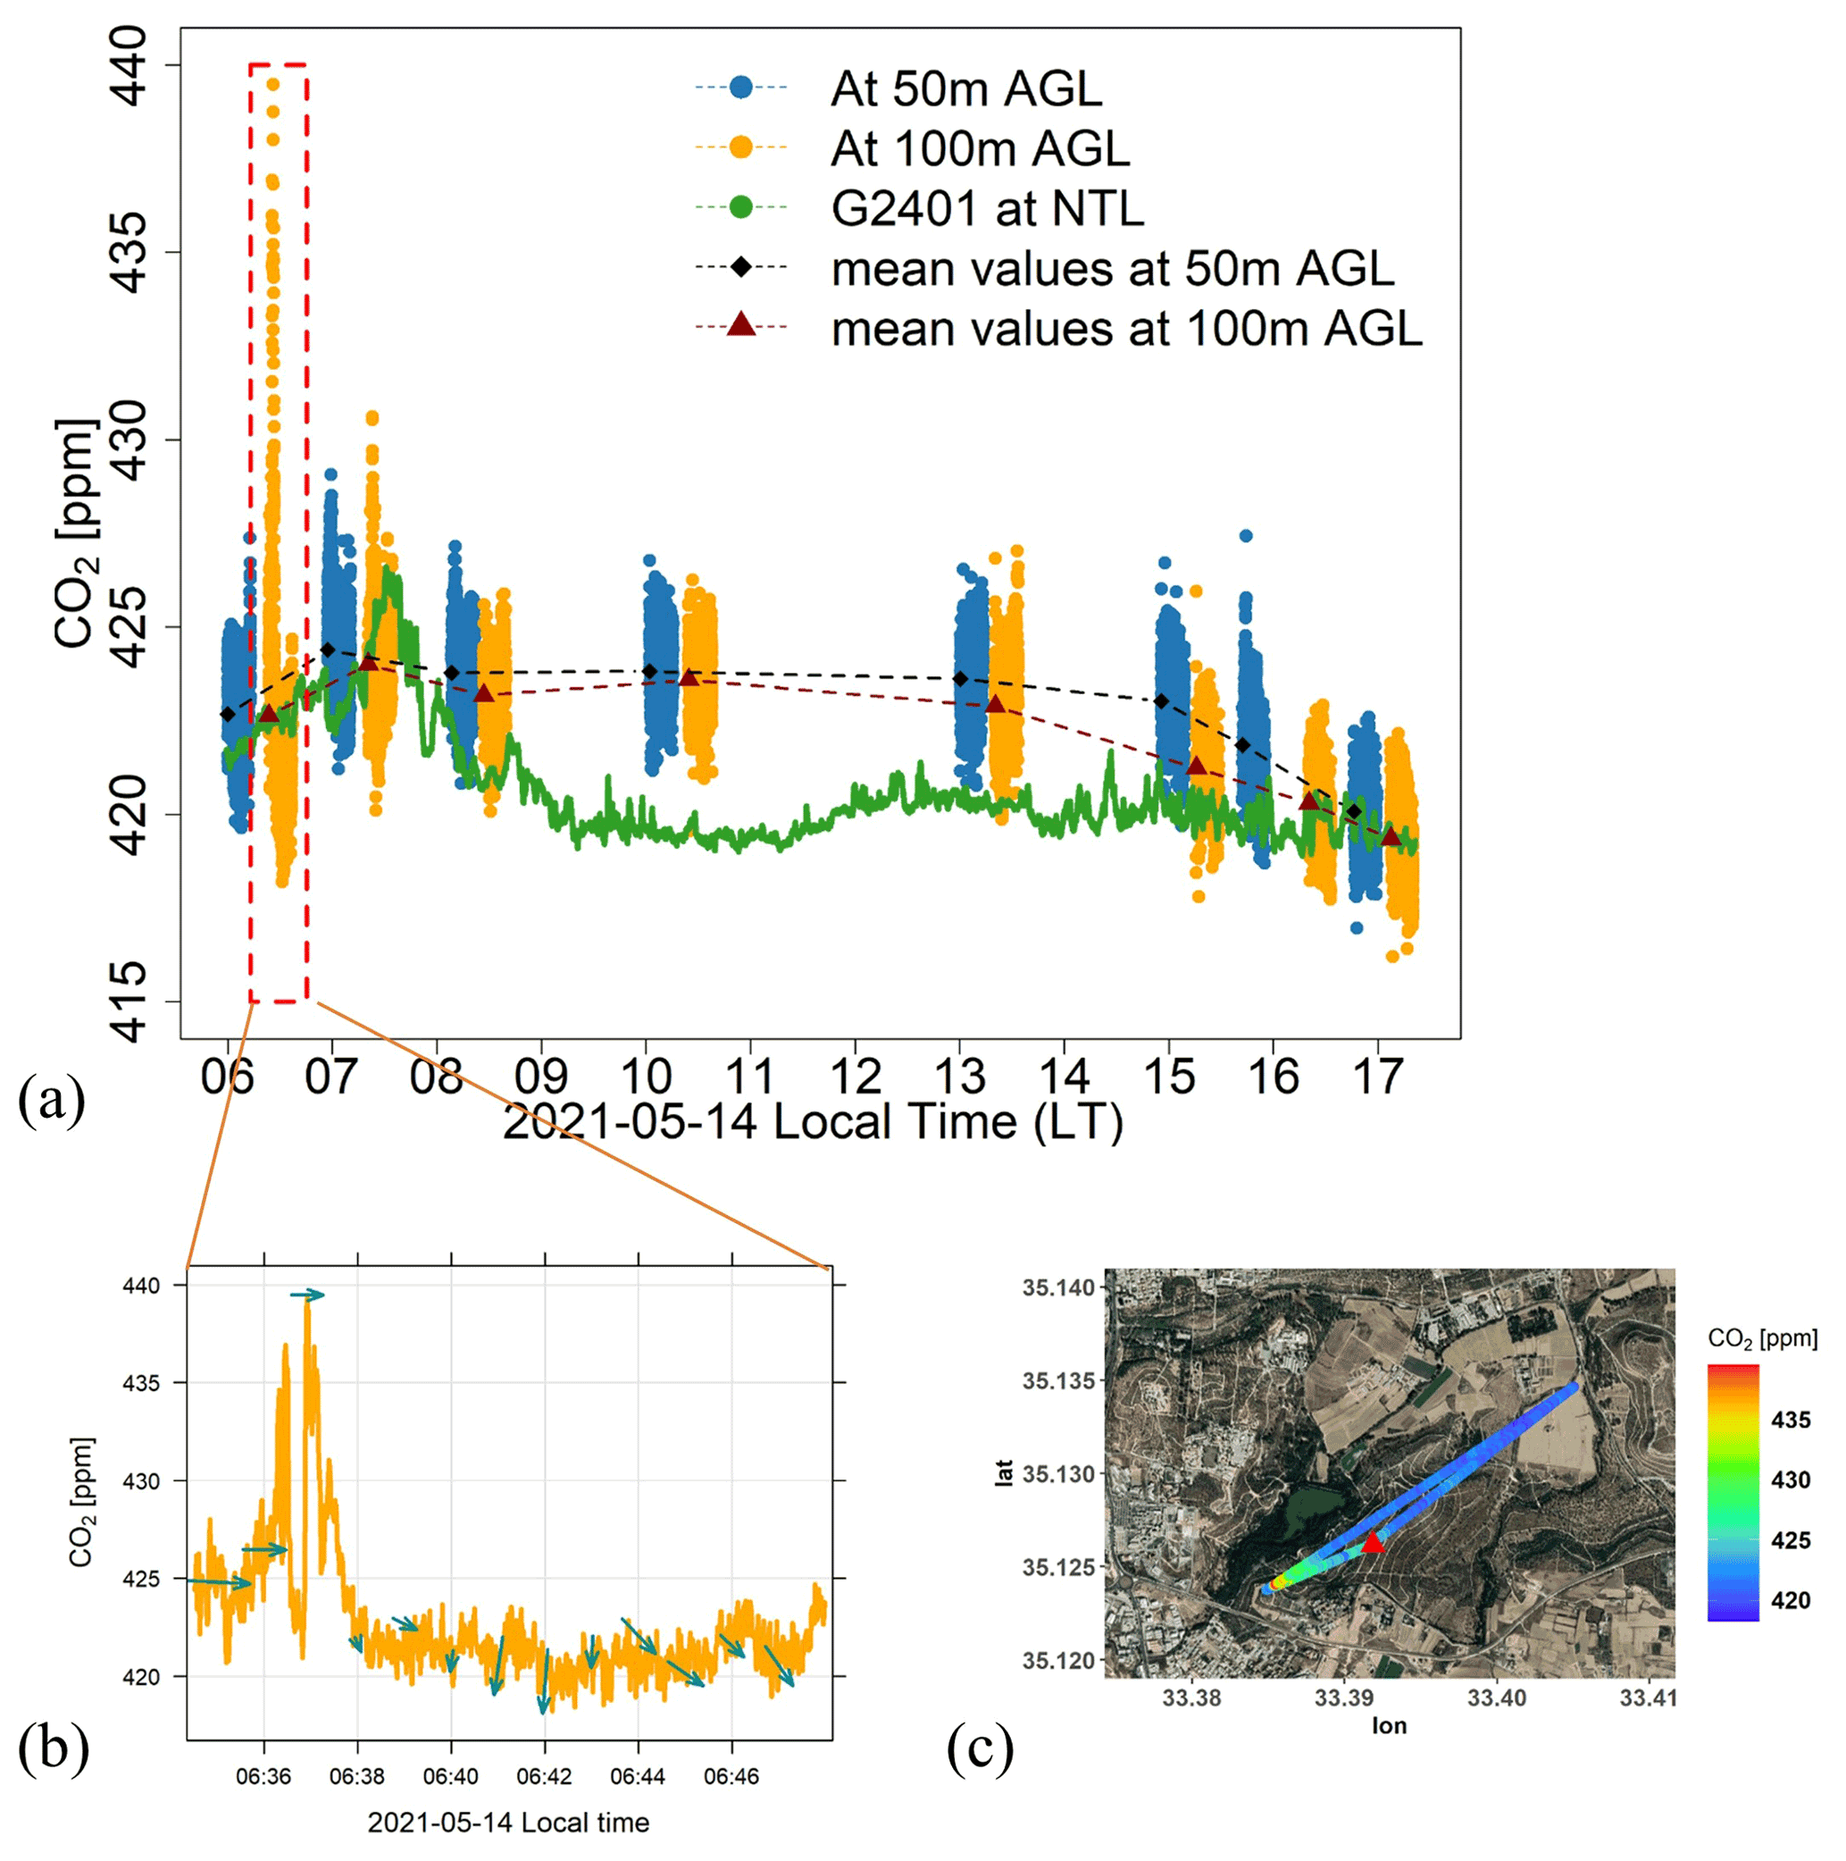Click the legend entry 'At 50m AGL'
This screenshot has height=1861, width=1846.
pyautogui.click(x=965, y=88)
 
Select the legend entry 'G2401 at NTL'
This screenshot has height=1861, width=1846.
pyautogui.click(x=987, y=208)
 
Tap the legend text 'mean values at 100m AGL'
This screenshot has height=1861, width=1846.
pyautogui.click(x=1127, y=330)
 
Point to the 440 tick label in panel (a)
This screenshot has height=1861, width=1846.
pyautogui.click(x=126, y=65)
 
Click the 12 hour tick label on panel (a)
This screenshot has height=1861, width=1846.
pyautogui.click(x=855, y=1076)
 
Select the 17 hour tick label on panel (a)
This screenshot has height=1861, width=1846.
pyautogui.click(x=1378, y=1076)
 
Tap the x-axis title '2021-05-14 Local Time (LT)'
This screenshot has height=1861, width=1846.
pyautogui.click(x=813, y=1122)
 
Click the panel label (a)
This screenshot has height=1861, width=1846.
pyautogui.click(x=51, y=1100)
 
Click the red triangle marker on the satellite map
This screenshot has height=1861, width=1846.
pyautogui.click(x=1373, y=1543)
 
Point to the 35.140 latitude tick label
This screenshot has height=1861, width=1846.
pyautogui.click(x=1058, y=1287)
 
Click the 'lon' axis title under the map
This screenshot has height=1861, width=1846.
pyautogui.click(x=1389, y=1726)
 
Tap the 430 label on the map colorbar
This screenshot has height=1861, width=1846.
pyautogui.click(x=1790, y=1480)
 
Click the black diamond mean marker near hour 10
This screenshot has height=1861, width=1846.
pyautogui.click(x=650, y=671)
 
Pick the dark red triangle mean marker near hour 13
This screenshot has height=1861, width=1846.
pyautogui.click(x=996, y=705)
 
